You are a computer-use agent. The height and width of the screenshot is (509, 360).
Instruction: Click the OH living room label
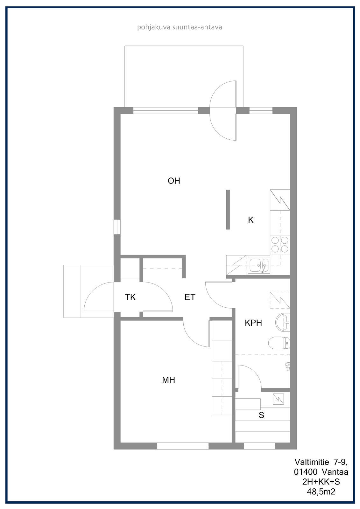pos(174,181)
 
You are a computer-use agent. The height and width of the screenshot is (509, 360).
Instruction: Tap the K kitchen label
pos(251,220)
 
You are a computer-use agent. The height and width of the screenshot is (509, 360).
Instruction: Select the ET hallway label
pos(190,297)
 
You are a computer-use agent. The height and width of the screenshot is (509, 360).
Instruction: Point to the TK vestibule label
pos(130,297)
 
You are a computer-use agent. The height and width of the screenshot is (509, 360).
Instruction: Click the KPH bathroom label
pos(253,323)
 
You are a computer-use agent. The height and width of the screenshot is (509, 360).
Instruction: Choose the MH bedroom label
pos(168,380)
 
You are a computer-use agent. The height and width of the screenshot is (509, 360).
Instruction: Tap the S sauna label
pos(261,415)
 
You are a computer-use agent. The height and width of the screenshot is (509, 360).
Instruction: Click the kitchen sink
pos(259,265)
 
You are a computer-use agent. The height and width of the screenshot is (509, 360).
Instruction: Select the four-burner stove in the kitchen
pos(280,245)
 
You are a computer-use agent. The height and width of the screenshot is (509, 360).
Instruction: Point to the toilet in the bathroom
pos(279,343)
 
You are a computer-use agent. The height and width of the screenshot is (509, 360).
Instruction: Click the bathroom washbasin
pos(282,322)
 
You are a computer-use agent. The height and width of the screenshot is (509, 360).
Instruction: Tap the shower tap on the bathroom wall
pos(287,366)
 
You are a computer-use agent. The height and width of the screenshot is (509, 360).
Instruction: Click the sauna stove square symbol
pos(278,399)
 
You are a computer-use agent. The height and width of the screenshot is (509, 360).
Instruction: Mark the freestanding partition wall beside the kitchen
pos(228,210)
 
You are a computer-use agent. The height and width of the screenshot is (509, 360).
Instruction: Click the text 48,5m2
pos(321,492)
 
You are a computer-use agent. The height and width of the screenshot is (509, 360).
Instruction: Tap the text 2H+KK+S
pos(321,482)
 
